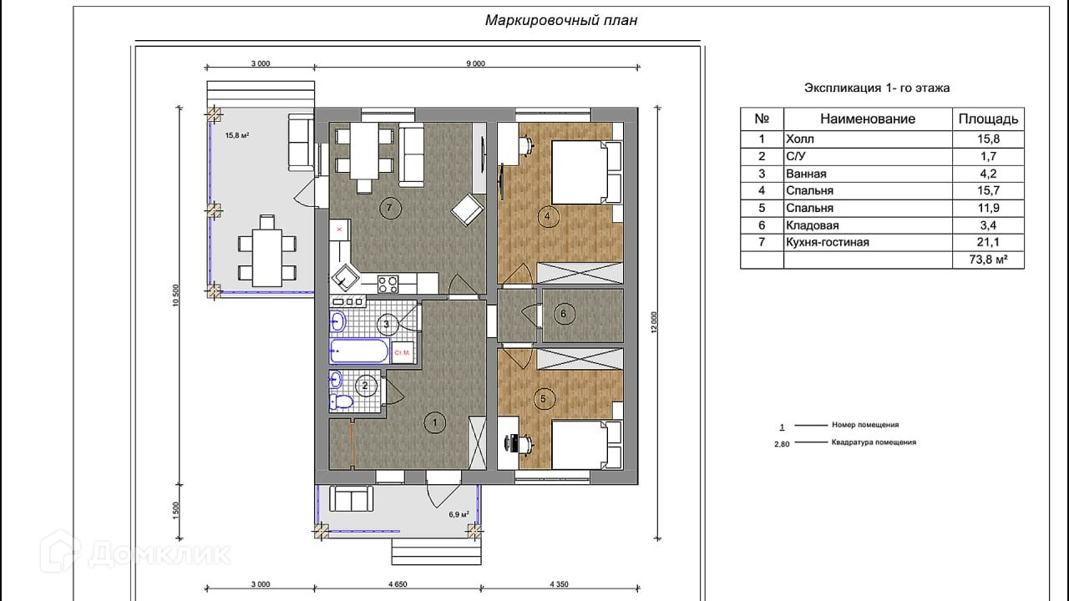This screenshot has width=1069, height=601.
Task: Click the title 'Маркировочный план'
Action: [561, 21]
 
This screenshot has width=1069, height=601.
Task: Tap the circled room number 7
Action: [390, 208]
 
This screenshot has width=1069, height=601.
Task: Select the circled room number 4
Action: [547, 216]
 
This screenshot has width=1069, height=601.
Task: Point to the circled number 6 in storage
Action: [564, 314]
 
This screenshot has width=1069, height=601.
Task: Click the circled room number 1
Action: [435, 422]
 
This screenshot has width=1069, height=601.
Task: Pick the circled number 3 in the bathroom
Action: [386, 325]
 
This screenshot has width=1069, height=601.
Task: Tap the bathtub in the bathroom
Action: [360, 351]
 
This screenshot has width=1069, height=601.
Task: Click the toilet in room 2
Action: [342, 402]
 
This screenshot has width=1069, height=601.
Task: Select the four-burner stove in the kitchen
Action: [388, 285]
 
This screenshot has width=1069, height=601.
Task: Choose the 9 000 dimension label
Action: [475, 63]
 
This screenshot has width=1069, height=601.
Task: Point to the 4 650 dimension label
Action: [398, 584]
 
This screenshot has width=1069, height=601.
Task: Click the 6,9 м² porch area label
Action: [459, 514]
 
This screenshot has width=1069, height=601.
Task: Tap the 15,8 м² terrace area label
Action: [237, 135]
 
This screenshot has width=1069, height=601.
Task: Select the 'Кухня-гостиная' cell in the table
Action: [828, 242]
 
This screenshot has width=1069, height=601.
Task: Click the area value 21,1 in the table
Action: [988, 242]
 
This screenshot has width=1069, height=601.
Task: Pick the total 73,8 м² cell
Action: [988, 260]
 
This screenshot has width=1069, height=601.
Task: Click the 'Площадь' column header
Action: [988, 119]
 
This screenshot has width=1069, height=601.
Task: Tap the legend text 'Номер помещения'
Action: [865, 425]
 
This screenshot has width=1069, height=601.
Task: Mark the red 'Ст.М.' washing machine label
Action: [402, 352]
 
